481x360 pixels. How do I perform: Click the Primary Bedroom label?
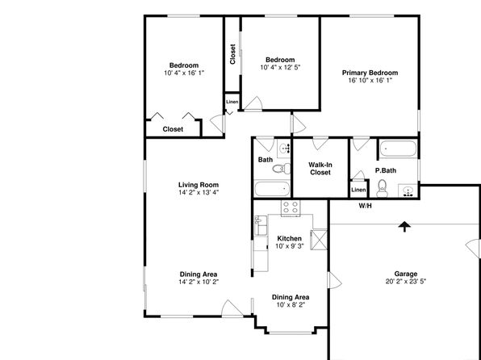tap(370, 73)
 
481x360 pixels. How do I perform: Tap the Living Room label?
tap(199, 185)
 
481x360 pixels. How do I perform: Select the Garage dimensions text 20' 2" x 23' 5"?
tap(405, 281)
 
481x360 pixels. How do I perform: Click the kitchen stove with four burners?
tap(291, 208)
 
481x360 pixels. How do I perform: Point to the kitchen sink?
tap(261, 225)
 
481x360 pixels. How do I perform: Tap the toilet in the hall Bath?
tap(282, 169)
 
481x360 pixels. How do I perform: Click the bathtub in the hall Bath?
tap(272, 189)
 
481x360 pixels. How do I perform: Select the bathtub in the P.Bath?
tap(398, 149)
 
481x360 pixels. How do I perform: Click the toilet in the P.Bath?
tap(383, 188)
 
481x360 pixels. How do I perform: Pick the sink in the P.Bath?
tap(408, 190)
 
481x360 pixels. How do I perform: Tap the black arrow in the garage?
tap(404, 227)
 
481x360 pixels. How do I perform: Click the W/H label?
tap(365, 206)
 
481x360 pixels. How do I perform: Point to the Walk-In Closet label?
tap(320, 169)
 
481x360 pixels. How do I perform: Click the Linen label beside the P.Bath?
tap(358, 190)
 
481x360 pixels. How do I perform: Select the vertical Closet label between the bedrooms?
tap(232, 54)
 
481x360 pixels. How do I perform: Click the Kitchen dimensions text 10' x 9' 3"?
tap(289, 246)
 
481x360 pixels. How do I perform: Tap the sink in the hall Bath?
tap(284, 149)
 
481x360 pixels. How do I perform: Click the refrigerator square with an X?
tap(319, 240)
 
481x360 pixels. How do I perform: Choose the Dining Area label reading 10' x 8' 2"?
tap(291, 301)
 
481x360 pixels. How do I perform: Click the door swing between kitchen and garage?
tap(335, 280)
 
